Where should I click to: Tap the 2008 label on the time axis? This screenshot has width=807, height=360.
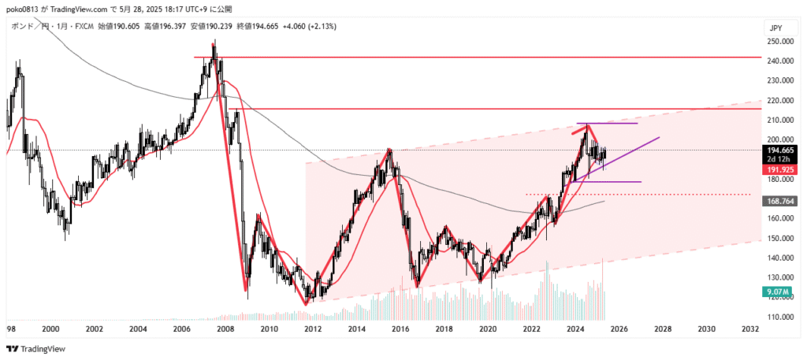coord(225,328)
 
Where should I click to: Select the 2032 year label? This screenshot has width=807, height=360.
coord(749,328)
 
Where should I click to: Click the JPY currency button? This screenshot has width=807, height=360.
coord(775,28)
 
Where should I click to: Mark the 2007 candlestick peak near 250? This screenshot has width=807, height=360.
coord(213,45)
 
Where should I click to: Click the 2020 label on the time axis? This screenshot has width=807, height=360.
coord(488,328)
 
